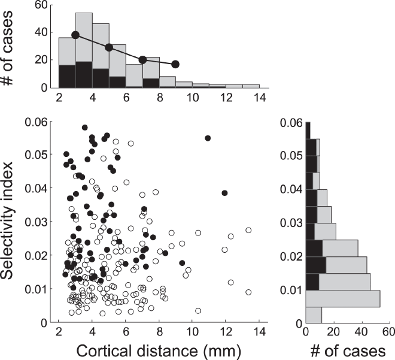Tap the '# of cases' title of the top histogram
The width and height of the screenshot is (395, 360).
click(x=13, y=46)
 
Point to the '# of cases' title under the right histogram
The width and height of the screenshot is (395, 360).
click(x=347, y=350)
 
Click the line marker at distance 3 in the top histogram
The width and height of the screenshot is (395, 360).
click(x=75, y=35)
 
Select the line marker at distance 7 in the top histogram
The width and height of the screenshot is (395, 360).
click(x=142, y=60)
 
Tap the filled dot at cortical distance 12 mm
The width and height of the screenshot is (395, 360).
click(x=225, y=193)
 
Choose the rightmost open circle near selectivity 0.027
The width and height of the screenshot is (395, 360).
click(x=248, y=230)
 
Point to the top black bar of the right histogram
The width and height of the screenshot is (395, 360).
click(x=308, y=131)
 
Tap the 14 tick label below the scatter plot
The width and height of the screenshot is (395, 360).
click(x=259, y=333)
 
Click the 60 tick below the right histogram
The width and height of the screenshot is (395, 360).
click(x=388, y=333)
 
